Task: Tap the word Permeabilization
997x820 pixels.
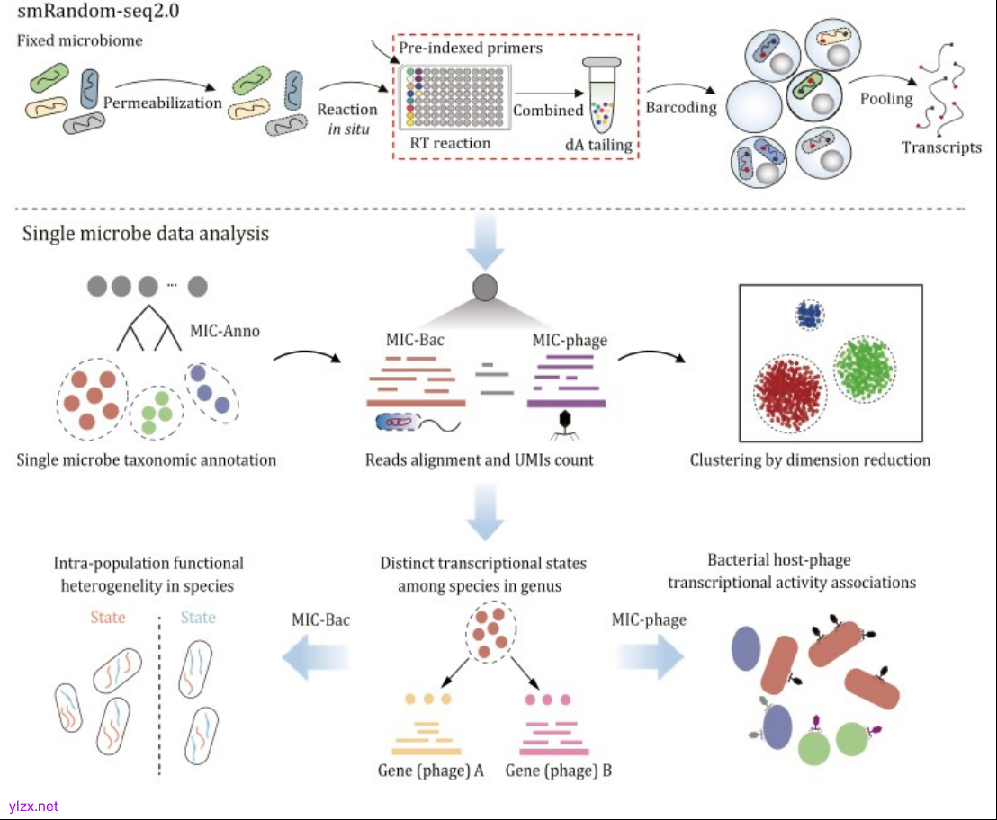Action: pyautogui.click(x=162, y=102)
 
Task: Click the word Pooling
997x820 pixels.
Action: pyautogui.click(x=886, y=99)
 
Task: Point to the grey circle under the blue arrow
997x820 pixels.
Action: pyautogui.click(x=485, y=289)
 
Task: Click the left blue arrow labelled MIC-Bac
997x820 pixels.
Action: pyautogui.click(x=316, y=658)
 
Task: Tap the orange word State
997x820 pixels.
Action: pyautogui.click(x=107, y=618)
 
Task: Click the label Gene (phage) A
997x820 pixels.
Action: pyautogui.click(x=431, y=771)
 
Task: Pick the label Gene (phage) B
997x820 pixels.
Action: pyautogui.click(x=559, y=771)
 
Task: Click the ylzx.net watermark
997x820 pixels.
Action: pyautogui.click(x=33, y=807)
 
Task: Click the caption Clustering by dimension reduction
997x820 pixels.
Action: pyautogui.click(x=810, y=460)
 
